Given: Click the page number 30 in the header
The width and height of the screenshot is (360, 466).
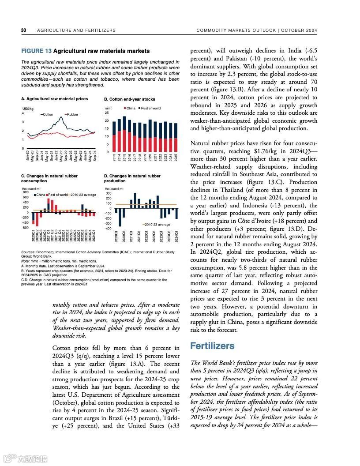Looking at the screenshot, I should coord(24,30).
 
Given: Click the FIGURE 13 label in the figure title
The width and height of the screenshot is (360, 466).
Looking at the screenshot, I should coord(36,51).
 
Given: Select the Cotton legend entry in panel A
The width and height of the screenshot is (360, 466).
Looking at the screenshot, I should coord(47,114).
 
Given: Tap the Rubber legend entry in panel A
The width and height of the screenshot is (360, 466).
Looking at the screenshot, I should coord(71,114).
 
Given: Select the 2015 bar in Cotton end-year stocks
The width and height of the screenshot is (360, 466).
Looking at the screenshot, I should coord(124,134).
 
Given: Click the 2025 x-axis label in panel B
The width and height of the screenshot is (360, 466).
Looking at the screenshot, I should coord(176,158).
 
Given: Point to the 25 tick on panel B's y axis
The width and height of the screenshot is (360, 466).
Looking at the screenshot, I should coord(106,113).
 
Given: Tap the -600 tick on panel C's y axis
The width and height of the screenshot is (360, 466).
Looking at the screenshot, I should coord(25,228).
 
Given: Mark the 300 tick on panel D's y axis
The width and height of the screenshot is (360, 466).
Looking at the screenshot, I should coord(108,193).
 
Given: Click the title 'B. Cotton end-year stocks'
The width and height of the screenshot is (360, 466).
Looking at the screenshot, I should coord(129,99).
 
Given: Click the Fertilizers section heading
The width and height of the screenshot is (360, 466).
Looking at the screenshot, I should coord(212,346).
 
